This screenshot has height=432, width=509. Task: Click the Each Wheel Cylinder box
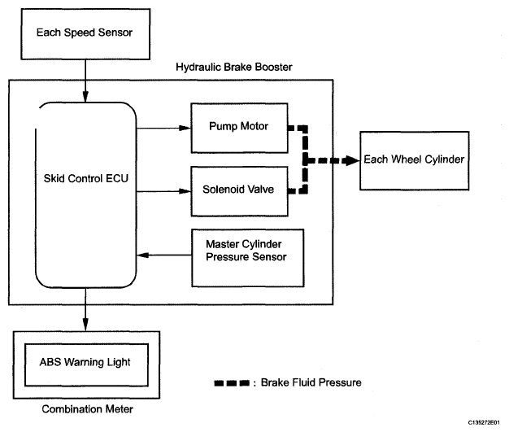412,159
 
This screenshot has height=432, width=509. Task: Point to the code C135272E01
485,422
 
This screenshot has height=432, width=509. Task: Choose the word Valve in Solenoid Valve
259,190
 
